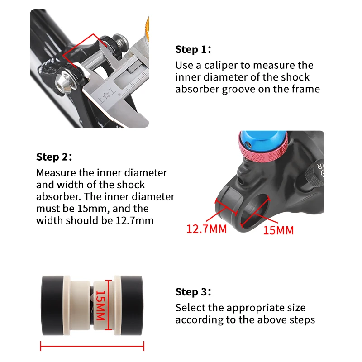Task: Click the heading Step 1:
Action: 193,49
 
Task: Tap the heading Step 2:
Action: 54,157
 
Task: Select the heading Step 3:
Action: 193,292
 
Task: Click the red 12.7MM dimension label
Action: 207,229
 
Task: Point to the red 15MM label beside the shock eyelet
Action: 278,230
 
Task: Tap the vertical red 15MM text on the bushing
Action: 101,305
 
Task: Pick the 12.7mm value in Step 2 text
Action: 134,220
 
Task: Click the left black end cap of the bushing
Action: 52,305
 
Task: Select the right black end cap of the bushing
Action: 132,305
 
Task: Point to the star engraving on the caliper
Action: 106,96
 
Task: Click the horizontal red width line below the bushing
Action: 92,346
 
